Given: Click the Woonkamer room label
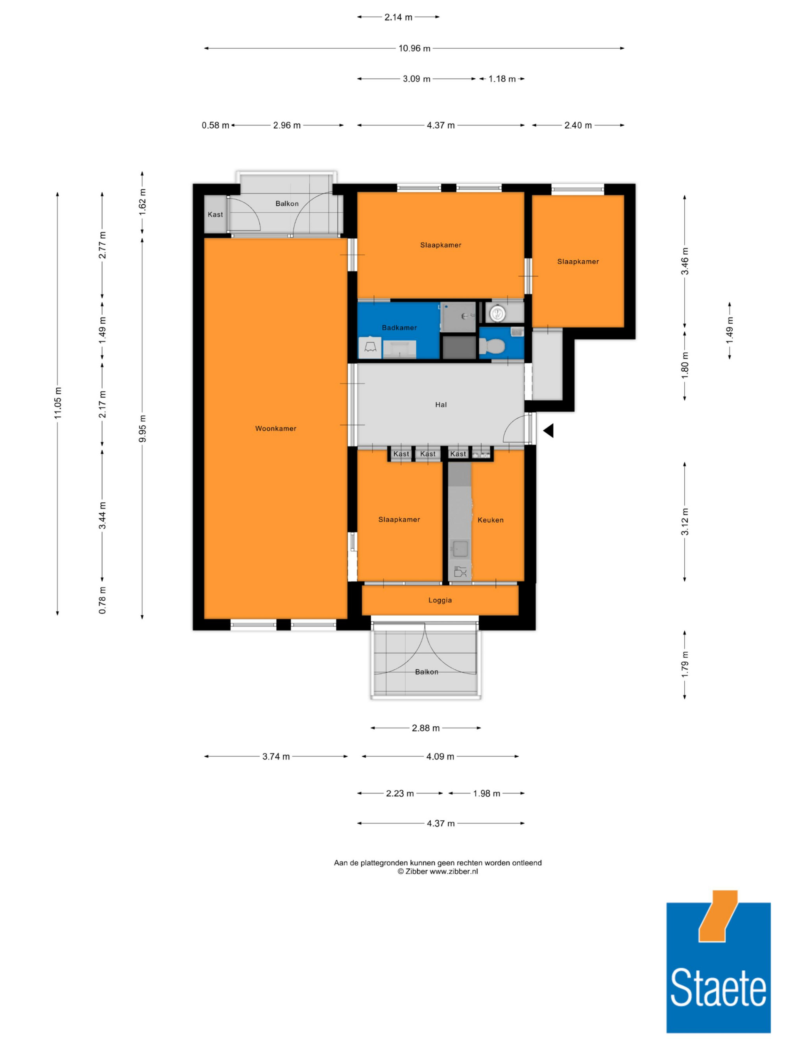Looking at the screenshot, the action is point(275,428).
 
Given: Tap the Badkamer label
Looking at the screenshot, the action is point(399,328).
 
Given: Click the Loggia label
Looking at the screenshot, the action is point(440,600).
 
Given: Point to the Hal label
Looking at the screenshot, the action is point(441,404).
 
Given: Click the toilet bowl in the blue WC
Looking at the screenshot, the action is point(491,346).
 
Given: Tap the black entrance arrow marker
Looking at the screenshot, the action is point(549,431).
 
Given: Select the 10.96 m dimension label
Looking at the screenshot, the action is point(414,48).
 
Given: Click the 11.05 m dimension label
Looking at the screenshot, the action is point(58,403).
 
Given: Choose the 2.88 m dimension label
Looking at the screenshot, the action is point(425,728).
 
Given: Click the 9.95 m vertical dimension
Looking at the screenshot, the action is point(142,428).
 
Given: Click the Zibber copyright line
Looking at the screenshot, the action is point(438,871).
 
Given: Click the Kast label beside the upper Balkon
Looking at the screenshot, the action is point(215,214).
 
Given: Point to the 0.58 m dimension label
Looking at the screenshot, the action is point(215,125).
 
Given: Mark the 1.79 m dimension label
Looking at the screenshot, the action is point(685,664).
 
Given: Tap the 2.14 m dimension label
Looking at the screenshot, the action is point(398,17).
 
